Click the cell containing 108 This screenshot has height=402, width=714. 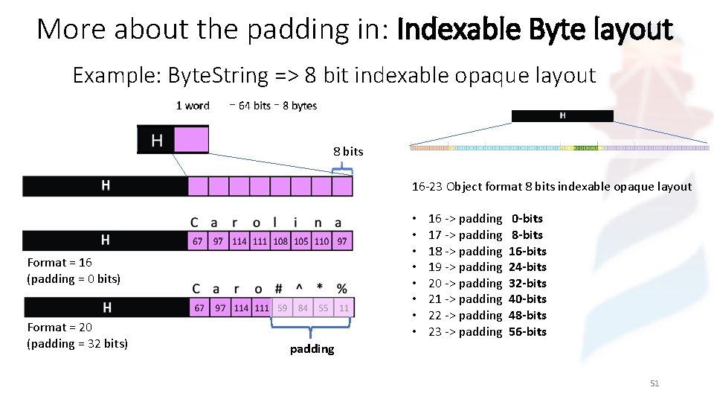tap(280, 241)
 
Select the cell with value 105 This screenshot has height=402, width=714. tap(301, 241)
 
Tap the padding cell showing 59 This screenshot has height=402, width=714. tap(282, 307)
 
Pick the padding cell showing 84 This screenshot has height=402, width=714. tap(303, 307)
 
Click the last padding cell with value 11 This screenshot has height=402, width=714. tap(344, 307)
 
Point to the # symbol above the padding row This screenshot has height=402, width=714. tap(279, 288)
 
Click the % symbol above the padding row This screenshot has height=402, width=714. tap(341, 288)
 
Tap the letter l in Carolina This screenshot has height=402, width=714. tap(277, 222)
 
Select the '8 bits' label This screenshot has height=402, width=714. tap(348, 151)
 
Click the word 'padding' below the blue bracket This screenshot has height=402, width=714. tap(312, 348)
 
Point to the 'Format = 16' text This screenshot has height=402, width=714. tap(59, 262)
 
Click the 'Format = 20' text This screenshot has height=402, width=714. tap(59, 327)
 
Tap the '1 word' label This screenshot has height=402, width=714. tap(193, 106)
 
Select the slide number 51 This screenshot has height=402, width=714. tap(654, 383)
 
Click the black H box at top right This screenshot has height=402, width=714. tap(562, 115)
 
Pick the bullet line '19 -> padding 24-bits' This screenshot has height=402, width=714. tap(487, 267)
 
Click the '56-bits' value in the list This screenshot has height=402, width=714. tap(527, 331)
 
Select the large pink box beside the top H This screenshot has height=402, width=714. tap(190, 140)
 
